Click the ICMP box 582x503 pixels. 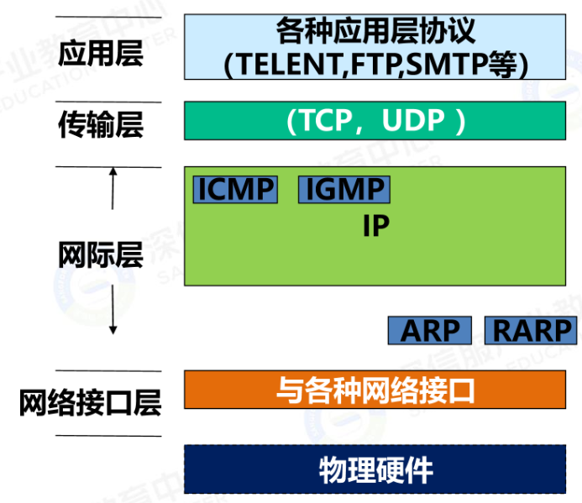pos(235,189)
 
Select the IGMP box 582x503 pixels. pos(343,189)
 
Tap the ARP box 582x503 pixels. pos(429,330)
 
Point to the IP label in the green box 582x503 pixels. pos(375,226)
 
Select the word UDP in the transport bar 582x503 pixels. pos(412,121)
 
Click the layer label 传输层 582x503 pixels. pos(101,123)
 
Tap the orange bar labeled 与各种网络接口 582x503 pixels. pos(375,390)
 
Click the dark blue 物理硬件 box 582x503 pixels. pos(375,469)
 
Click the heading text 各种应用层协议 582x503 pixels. pos(375,31)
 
